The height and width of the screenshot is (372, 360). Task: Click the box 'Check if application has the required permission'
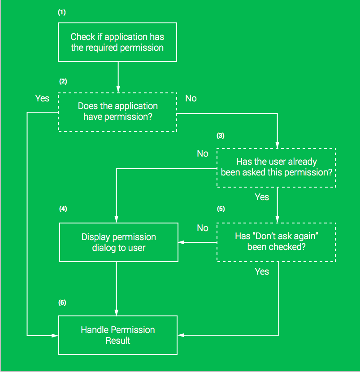click(x=117, y=42)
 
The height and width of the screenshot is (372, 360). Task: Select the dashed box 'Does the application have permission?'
click(x=117, y=112)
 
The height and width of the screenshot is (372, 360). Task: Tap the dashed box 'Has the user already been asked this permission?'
click(x=276, y=168)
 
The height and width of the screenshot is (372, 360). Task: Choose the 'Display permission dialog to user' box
click(x=118, y=242)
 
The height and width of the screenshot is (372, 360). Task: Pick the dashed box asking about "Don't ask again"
click(x=276, y=242)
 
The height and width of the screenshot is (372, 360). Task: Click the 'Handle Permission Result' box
click(x=118, y=335)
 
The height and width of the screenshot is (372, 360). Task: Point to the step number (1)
click(x=62, y=12)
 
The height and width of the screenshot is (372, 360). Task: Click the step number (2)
click(x=63, y=81)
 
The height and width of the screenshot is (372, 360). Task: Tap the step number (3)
click(x=221, y=136)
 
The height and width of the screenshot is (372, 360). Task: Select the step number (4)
click(x=63, y=209)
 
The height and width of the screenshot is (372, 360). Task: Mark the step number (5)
click(x=221, y=209)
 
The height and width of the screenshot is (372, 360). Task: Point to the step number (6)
click(x=62, y=302)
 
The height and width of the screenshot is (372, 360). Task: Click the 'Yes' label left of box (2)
click(x=42, y=98)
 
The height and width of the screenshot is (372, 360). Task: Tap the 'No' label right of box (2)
click(x=191, y=98)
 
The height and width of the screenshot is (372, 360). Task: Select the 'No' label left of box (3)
click(x=203, y=153)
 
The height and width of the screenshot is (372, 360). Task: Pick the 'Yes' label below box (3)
click(x=262, y=197)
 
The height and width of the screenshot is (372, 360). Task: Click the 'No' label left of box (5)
click(x=203, y=228)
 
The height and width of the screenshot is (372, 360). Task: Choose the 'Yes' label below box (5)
click(x=262, y=271)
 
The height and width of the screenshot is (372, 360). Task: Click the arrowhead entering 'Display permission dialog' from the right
click(x=181, y=242)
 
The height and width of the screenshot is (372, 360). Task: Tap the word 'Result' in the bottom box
click(x=118, y=341)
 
